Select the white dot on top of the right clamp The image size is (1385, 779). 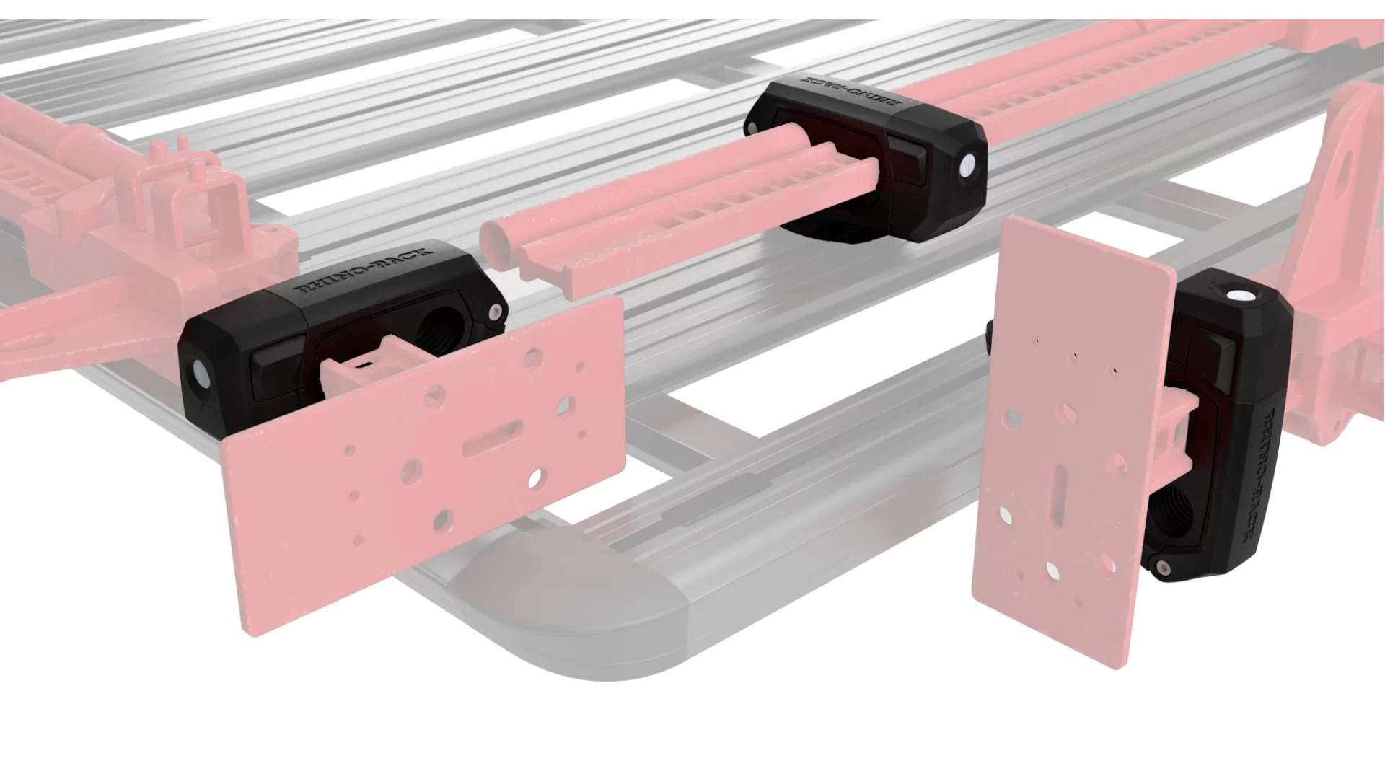click(x=1240, y=296)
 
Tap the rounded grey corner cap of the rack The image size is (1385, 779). click(x=570, y=613)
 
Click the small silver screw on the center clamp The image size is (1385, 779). click(x=753, y=127)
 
